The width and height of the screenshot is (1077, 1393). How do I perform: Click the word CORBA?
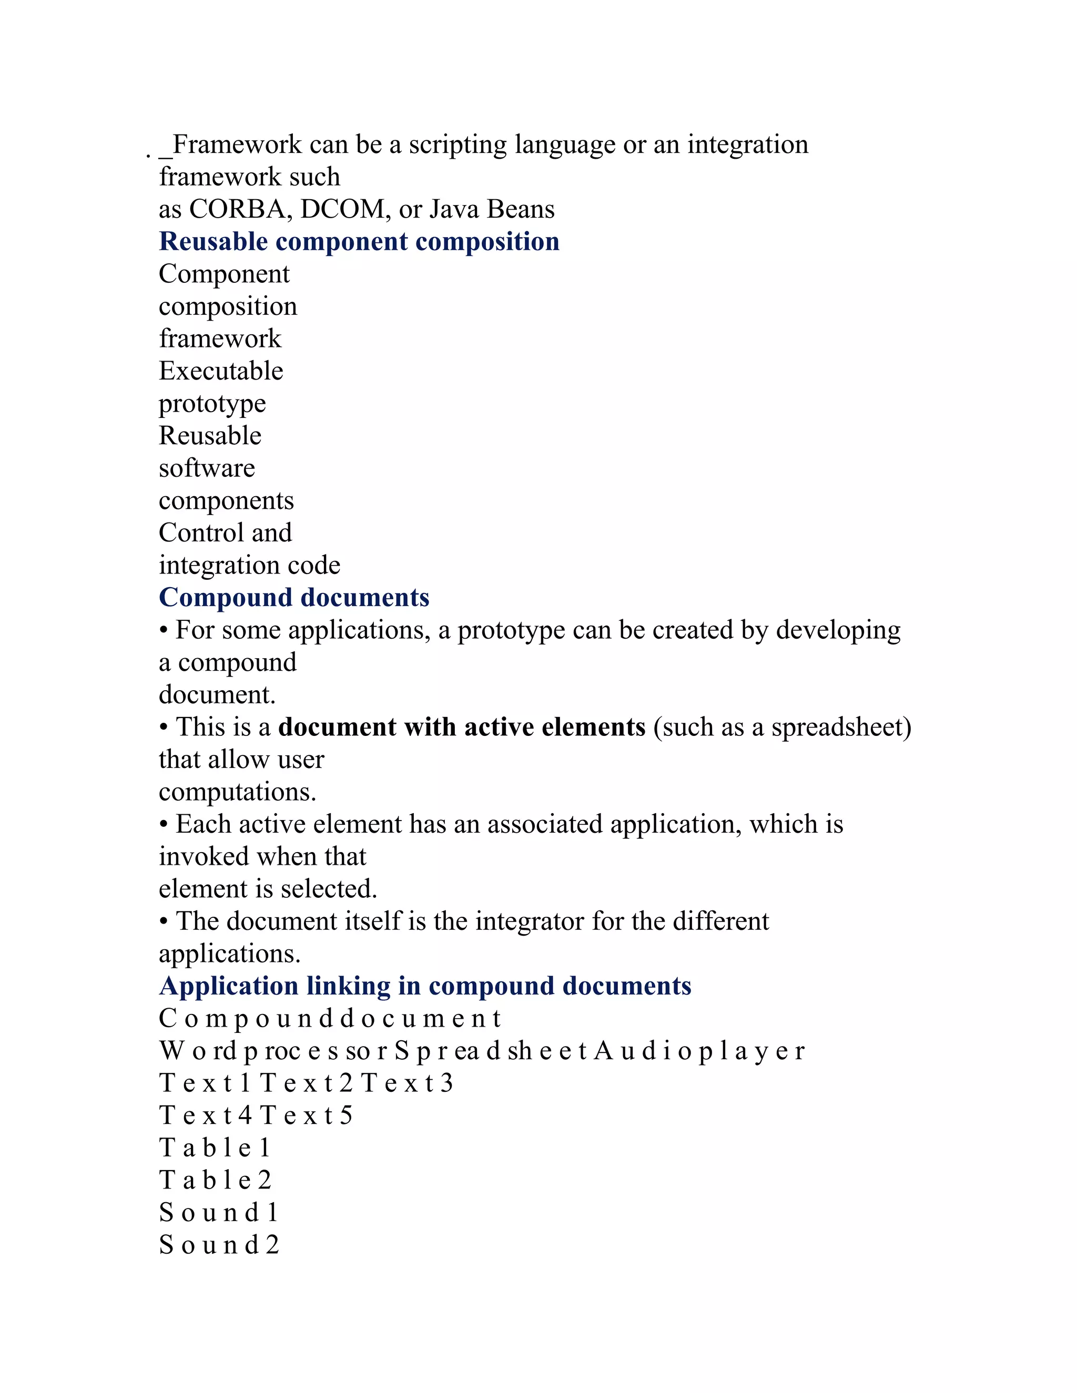(x=237, y=209)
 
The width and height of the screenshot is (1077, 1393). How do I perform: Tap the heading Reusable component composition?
(x=359, y=242)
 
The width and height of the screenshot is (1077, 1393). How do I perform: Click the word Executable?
(x=221, y=371)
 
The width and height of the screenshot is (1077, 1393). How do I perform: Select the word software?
(x=207, y=468)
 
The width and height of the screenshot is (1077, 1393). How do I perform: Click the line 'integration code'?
(x=249, y=566)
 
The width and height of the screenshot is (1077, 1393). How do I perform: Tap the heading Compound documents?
(x=294, y=598)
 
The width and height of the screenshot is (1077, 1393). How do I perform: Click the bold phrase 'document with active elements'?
(x=462, y=727)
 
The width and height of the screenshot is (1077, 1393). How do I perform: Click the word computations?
(x=237, y=792)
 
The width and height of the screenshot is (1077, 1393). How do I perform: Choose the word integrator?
(x=530, y=921)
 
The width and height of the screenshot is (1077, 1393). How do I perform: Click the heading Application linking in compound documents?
(x=425, y=986)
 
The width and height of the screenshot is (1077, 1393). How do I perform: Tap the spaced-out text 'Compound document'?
(x=329, y=1019)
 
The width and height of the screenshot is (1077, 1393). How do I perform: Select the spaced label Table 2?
(x=215, y=1180)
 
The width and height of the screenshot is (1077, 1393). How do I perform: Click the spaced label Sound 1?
(x=218, y=1213)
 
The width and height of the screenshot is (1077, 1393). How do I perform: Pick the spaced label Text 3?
(x=407, y=1083)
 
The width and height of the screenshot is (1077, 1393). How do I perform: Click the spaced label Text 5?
(x=306, y=1115)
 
